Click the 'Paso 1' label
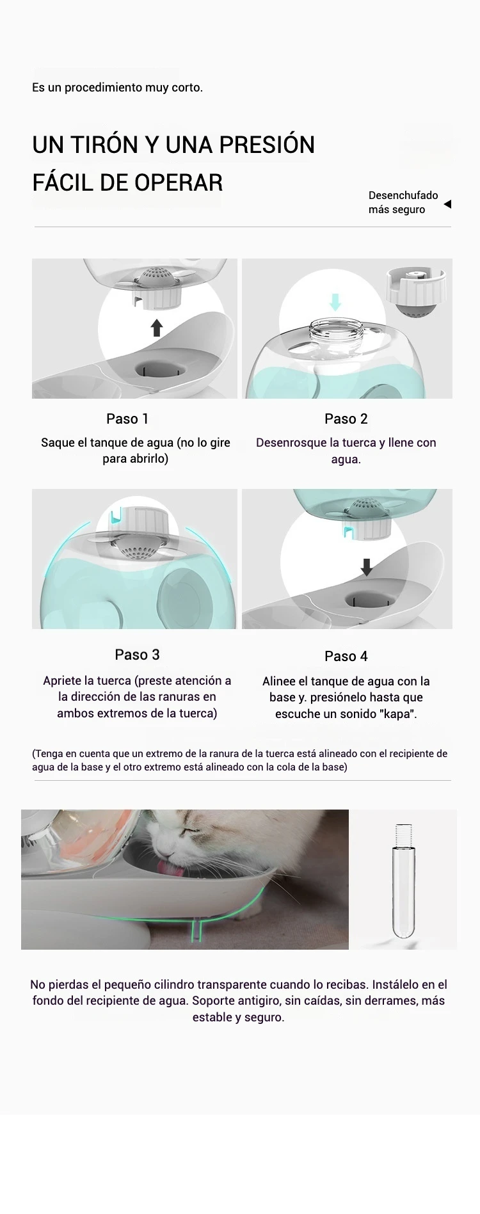(127, 419)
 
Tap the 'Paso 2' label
(346, 419)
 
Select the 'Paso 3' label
(137, 654)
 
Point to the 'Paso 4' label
(346, 656)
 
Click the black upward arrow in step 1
(157, 328)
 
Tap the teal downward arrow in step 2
(335, 301)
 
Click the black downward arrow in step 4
(367, 566)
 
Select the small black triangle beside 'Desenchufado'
(447, 204)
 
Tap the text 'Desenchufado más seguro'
(403, 202)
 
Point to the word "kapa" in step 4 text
(396, 714)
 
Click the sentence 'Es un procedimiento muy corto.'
(117, 87)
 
